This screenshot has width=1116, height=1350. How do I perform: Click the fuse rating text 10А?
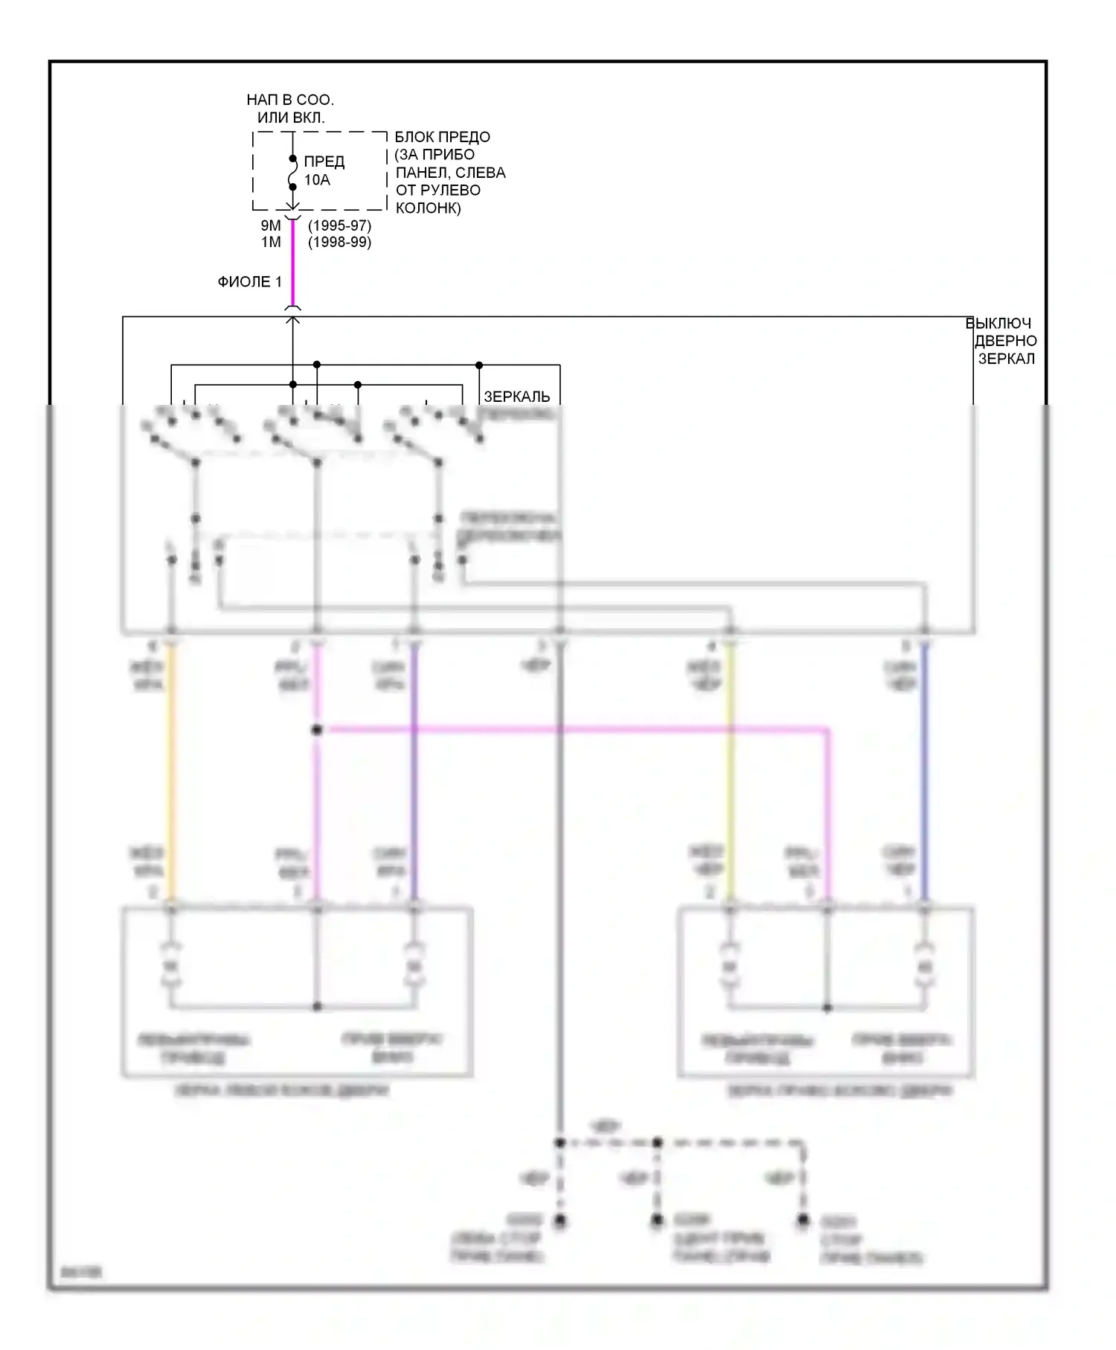pyautogui.click(x=317, y=180)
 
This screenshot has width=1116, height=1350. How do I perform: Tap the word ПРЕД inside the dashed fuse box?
pyautogui.click(x=324, y=161)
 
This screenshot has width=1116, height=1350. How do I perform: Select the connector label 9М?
pyautogui.click(x=271, y=225)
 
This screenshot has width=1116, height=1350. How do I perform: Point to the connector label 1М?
pyautogui.click(x=271, y=242)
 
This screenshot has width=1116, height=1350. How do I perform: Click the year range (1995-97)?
pyautogui.click(x=339, y=225)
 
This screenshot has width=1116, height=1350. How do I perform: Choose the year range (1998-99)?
pyautogui.click(x=339, y=242)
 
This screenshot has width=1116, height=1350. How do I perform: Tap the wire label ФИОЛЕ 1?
pyautogui.click(x=249, y=282)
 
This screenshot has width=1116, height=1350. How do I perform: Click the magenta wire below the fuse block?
pyautogui.click(x=292, y=264)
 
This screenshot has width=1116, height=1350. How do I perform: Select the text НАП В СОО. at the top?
pyautogui.click(x=290, y=100)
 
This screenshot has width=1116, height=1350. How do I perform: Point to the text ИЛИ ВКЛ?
pyautogui.click(x=291, y=118)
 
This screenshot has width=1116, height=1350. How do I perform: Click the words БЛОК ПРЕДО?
pyautogui.click(x=442, y=137)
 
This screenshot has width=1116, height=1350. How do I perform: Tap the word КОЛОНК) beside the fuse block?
pyautogui.click(x=429, y=208)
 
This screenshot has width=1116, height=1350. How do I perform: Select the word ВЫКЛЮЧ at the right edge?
pyautogui.click(x=998, y=323)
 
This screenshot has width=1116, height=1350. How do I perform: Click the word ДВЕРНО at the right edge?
pyautogui.click(x=1006, y=341)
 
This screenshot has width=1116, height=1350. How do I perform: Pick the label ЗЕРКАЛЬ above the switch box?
pyautogui.click(x=517, y=397)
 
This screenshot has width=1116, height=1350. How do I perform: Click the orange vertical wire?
pyautogui.click(x=172, y=774)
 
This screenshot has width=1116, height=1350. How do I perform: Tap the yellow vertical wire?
pyautogui.click(x=730, y=774)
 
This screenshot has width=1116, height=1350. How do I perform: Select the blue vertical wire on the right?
pyautogui.click(x=925, y=774)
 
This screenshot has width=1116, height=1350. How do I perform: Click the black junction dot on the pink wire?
pyautogui.click(x=317, y=730)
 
